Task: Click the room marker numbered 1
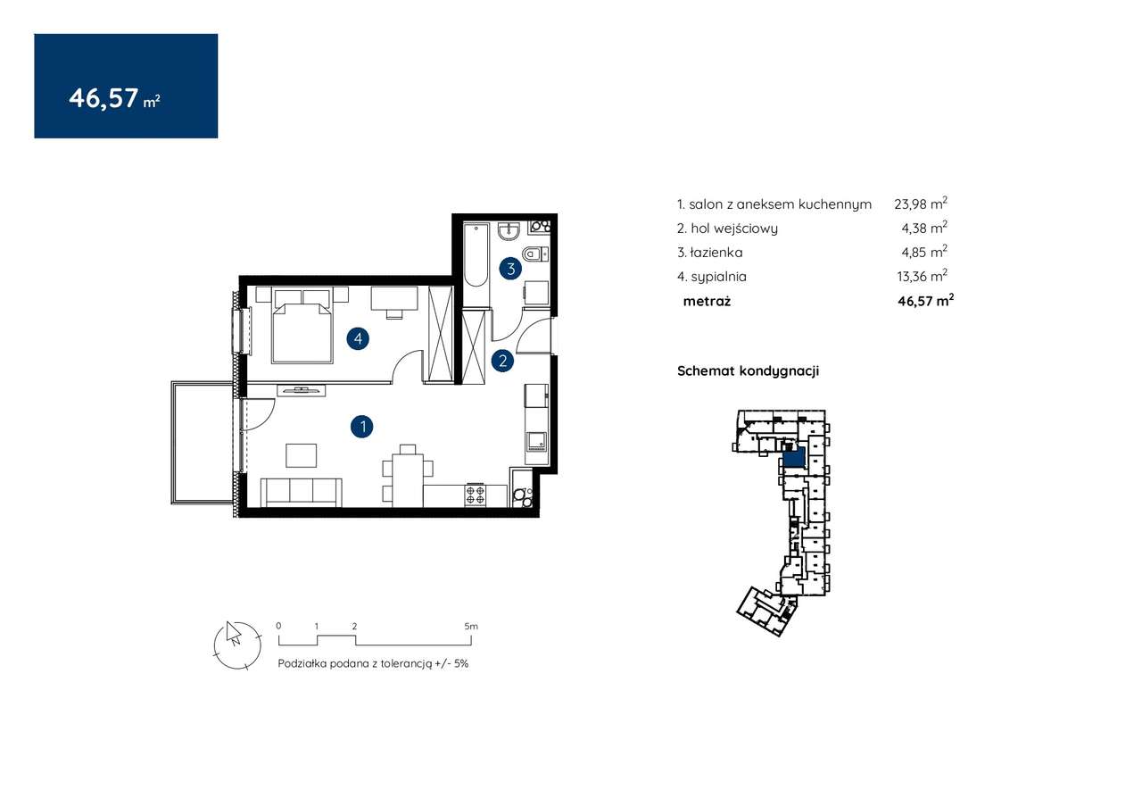[362, 427]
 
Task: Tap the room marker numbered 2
[502, 362]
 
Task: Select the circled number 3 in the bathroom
[510, 269]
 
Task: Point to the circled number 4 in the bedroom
[358, 338]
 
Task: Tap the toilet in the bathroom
[534, 253]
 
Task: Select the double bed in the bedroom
[302, 326]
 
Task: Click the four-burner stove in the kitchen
[476, 495]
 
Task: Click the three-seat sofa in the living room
[302, 492]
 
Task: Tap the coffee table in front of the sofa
[301, 455]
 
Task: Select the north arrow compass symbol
[237, 645]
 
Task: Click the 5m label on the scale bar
[471, 626]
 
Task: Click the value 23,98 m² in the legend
[921, 204]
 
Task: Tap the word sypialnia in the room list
[719, 277]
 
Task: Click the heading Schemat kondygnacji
[748, 370]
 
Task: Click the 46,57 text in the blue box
[103, 97]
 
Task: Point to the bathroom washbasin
[509, 231]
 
